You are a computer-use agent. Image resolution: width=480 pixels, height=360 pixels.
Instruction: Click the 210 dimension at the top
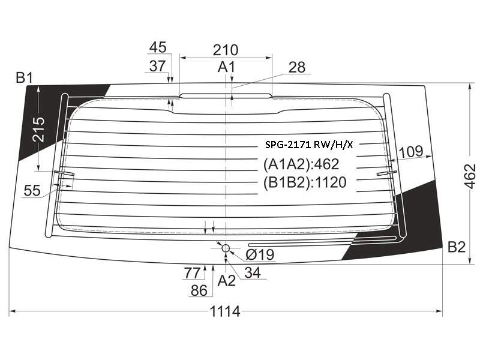tap(226, 50)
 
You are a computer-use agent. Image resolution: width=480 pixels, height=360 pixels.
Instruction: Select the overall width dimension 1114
tap(224, 311)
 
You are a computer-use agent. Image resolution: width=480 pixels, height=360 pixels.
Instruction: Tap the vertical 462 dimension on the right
tap(470, 176)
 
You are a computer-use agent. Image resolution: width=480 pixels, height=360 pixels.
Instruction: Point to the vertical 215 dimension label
tap(39, 130)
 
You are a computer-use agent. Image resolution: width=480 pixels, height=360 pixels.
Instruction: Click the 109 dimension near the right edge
tap(412, 151)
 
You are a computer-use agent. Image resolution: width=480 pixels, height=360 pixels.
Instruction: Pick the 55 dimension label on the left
tap(32, 190)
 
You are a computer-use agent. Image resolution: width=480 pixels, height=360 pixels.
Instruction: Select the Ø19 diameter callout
tap(260, 254)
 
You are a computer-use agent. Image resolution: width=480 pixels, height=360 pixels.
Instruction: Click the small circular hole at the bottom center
tap(226, 248)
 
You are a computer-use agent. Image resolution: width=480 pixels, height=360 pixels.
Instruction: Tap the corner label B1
tap(24, 78)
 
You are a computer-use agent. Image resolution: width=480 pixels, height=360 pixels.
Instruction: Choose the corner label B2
tap(457, 247)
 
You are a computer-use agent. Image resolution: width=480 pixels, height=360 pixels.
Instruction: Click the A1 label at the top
tap(226, 67)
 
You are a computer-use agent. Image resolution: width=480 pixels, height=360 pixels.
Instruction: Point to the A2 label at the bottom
tap(227, 280)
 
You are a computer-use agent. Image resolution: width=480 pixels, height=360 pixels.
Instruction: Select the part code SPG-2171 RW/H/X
tap(309, 145)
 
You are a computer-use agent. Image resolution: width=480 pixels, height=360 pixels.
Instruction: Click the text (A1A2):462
tap(301, 164)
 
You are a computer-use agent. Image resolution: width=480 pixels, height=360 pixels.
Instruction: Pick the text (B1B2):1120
tap(305, 182)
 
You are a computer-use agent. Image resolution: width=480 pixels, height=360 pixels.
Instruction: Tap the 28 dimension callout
tap(296, 67)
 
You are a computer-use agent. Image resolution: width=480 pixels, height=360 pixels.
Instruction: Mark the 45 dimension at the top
tap(158, 47)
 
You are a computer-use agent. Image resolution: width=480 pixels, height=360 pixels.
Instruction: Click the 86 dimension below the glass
tap(199, 290)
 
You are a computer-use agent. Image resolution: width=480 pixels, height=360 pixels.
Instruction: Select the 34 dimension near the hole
tap(253, 272)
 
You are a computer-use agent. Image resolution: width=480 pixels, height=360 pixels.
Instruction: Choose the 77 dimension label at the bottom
tap(192, 273)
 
